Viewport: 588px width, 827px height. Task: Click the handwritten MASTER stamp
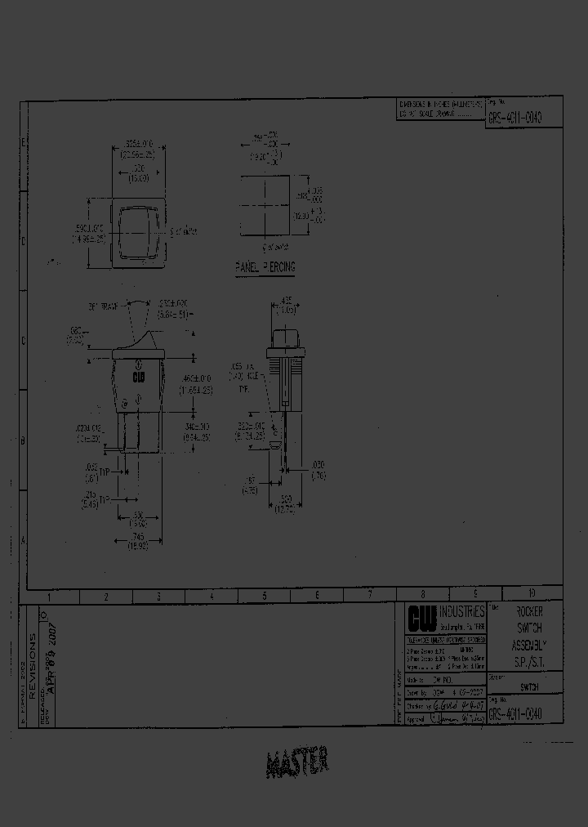coord(298,762)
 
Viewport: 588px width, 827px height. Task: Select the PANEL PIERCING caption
coord(265,267)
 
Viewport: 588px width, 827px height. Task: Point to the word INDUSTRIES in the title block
coord(463,611)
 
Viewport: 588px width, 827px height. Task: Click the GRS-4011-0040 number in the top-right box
coord(514,117)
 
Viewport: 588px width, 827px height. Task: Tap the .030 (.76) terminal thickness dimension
coord(317,469)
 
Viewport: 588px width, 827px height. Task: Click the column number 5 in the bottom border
coord(263,597)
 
